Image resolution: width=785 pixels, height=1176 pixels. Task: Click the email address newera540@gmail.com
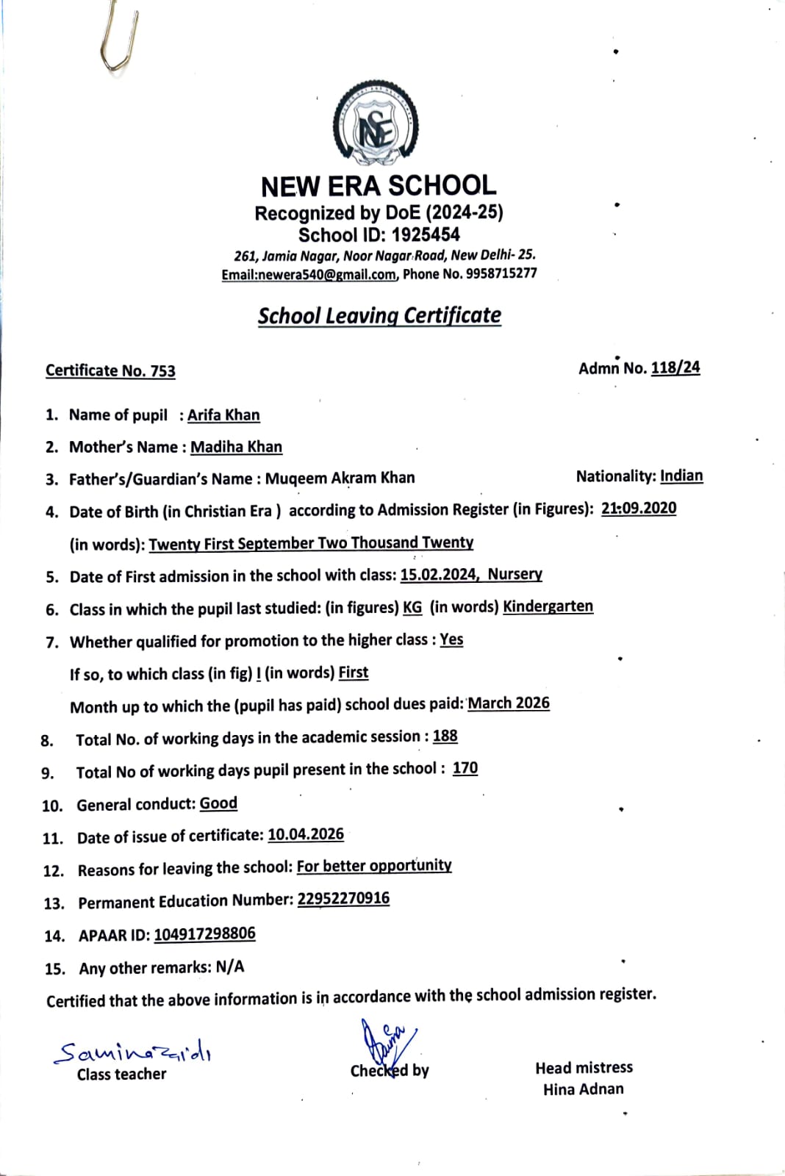tap(309, 274)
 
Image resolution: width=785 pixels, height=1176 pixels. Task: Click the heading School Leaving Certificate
tap(379, 315)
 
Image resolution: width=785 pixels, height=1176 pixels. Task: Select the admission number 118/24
tap(675, 367)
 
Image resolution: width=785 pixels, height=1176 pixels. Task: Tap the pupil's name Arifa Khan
tap(223, 415)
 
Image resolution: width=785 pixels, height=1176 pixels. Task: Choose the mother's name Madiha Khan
tap(236, 447)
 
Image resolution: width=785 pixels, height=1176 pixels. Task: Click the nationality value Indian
tap(681, 476)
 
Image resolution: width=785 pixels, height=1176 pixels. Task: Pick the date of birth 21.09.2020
tap(638, 509)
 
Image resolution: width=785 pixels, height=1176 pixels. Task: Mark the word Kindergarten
tap(548, 606)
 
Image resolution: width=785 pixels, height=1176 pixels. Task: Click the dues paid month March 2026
tap(509, 703)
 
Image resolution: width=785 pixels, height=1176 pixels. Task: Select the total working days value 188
tap(445, 736)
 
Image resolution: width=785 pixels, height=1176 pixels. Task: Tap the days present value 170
tap(465, 768)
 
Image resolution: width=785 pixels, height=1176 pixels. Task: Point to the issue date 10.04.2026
tap(306, 834)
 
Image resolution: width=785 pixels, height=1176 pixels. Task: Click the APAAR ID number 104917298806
tap(204, 934)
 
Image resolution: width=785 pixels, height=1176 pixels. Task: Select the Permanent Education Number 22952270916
tap(343, 899)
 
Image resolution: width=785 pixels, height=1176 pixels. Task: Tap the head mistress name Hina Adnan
tap(583, 1089)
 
